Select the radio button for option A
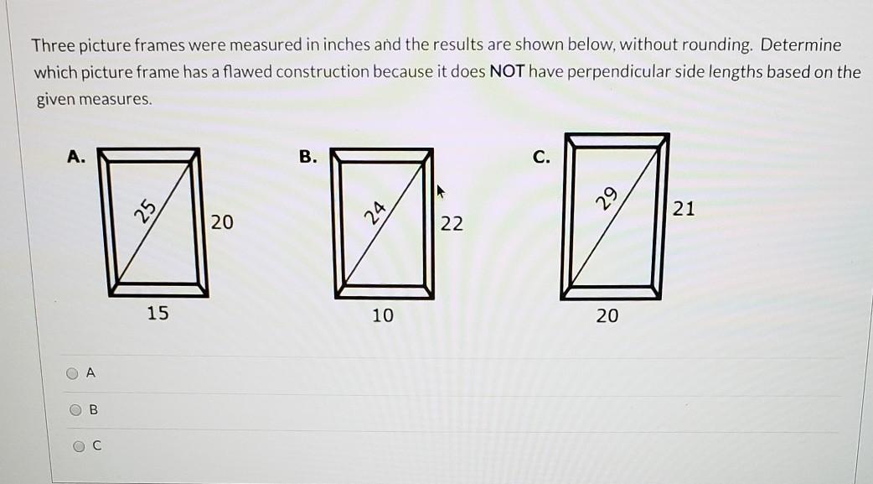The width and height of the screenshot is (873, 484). point(72,373)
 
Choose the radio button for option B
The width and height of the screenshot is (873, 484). point(75,410)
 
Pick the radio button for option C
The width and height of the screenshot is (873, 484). point(79,445)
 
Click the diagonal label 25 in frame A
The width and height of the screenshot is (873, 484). point(146,211)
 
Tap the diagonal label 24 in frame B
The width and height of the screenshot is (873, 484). point(375,212)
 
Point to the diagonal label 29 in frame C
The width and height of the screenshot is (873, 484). point(607,197)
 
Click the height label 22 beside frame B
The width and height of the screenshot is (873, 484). point(452,224)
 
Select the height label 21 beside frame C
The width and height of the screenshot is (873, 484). point(684,209)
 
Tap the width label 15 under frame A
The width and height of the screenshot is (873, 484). point(158,313)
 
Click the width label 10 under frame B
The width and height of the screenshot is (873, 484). point(383,315)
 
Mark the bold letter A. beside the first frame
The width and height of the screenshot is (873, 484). point(76,157)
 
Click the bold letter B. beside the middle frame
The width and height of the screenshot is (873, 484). point(307,157)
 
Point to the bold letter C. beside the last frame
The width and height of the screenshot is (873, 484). point(541,157)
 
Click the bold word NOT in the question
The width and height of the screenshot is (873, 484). point(507,71)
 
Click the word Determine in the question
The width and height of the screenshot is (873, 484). point(801,44)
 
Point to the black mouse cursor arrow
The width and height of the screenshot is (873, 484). point(441,192)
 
